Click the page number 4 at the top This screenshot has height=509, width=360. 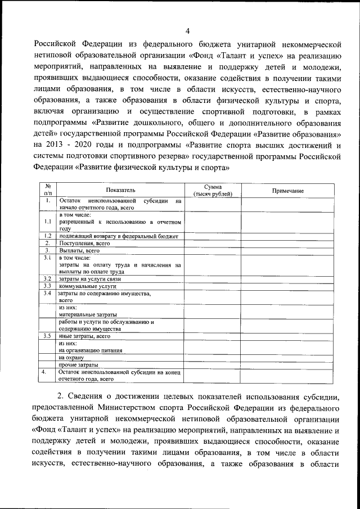point(187,30)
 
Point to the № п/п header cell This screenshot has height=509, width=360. point(48,191)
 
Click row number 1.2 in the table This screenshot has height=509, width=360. point(48,236)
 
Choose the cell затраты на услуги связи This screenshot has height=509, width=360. point(90,278)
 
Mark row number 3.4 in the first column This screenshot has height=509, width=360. point(48,293)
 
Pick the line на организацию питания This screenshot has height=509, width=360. point(91,350)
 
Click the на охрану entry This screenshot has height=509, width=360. point(71,357)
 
